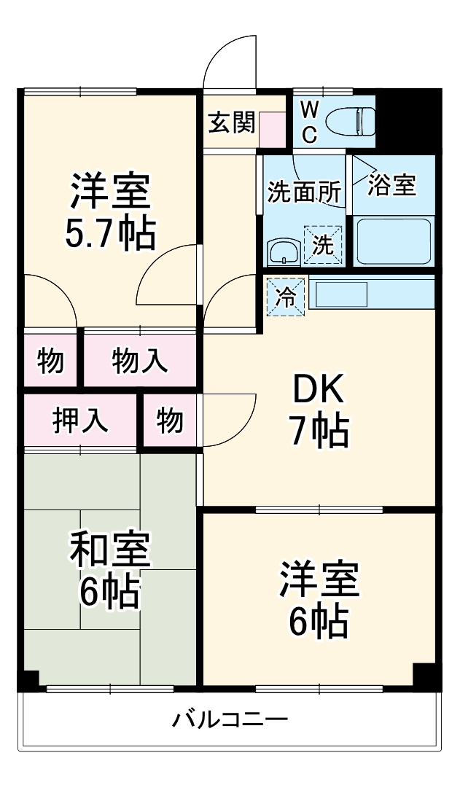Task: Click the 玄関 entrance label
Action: [232, 123]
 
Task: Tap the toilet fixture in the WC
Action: [350, 121]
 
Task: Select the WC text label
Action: [309, 122]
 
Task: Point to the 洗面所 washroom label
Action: [304, 192]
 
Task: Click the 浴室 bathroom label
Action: [391, 184]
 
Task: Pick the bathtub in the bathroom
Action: [393, 241]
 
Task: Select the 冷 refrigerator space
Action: [286, 297]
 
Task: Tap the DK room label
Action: [318, 392]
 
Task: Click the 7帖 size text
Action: [318, 433]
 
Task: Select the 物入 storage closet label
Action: [139, 360]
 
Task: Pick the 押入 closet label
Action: [81, 421]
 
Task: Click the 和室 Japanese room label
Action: [109, 550]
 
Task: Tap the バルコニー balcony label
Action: [230, 720]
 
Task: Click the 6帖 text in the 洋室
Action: [318, 621]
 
